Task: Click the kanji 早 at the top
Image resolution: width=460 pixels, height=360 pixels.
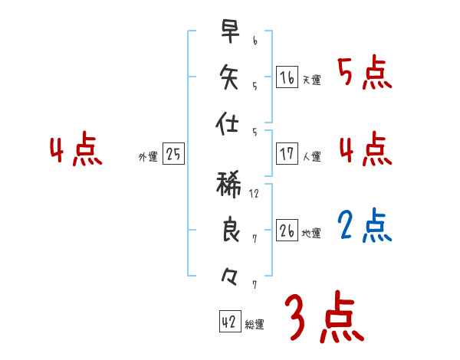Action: click(229, 32)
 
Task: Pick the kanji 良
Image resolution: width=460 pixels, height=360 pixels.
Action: click(229, 230)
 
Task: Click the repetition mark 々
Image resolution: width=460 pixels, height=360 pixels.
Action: click(228, 273)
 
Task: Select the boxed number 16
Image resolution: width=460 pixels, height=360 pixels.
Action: click(287, 77)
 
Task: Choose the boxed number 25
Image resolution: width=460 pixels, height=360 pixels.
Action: click(173, 154)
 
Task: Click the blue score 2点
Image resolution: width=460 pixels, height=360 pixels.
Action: click(365, 226)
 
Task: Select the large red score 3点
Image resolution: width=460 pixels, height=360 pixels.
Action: click(324, 316)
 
